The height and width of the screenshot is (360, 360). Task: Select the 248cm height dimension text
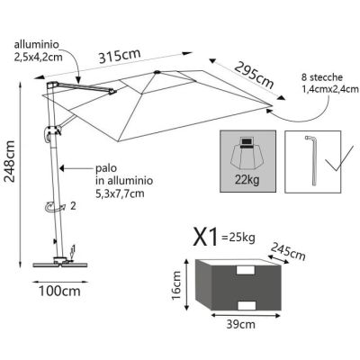tap(10, 165)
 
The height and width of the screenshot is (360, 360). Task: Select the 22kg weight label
tap(246, 183)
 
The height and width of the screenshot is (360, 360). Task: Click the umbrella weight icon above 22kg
tap(246, 154)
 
